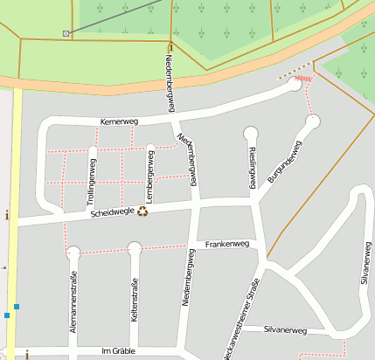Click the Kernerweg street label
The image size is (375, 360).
click(x=119, y=121)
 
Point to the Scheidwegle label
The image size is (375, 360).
click(x=110, y=212)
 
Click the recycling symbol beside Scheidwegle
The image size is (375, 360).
click(x=142, y=210)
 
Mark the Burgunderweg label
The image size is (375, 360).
click(x=284, y=161)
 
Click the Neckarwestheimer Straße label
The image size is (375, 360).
click(x=241, y=320)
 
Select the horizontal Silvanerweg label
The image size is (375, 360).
click(x=286, y=330)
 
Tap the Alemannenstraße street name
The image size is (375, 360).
click(x=73, y=302)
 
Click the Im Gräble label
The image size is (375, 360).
click(x=121, y=350)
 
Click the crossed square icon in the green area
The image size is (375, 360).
click(x=66, y=33)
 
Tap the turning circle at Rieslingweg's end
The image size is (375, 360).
click(x=251, y=134)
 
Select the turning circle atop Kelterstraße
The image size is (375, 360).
click(x=135, y=249)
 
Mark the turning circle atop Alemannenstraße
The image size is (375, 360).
click(x=73, y=253)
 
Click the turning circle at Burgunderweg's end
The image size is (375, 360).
click(x=313, y=121)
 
